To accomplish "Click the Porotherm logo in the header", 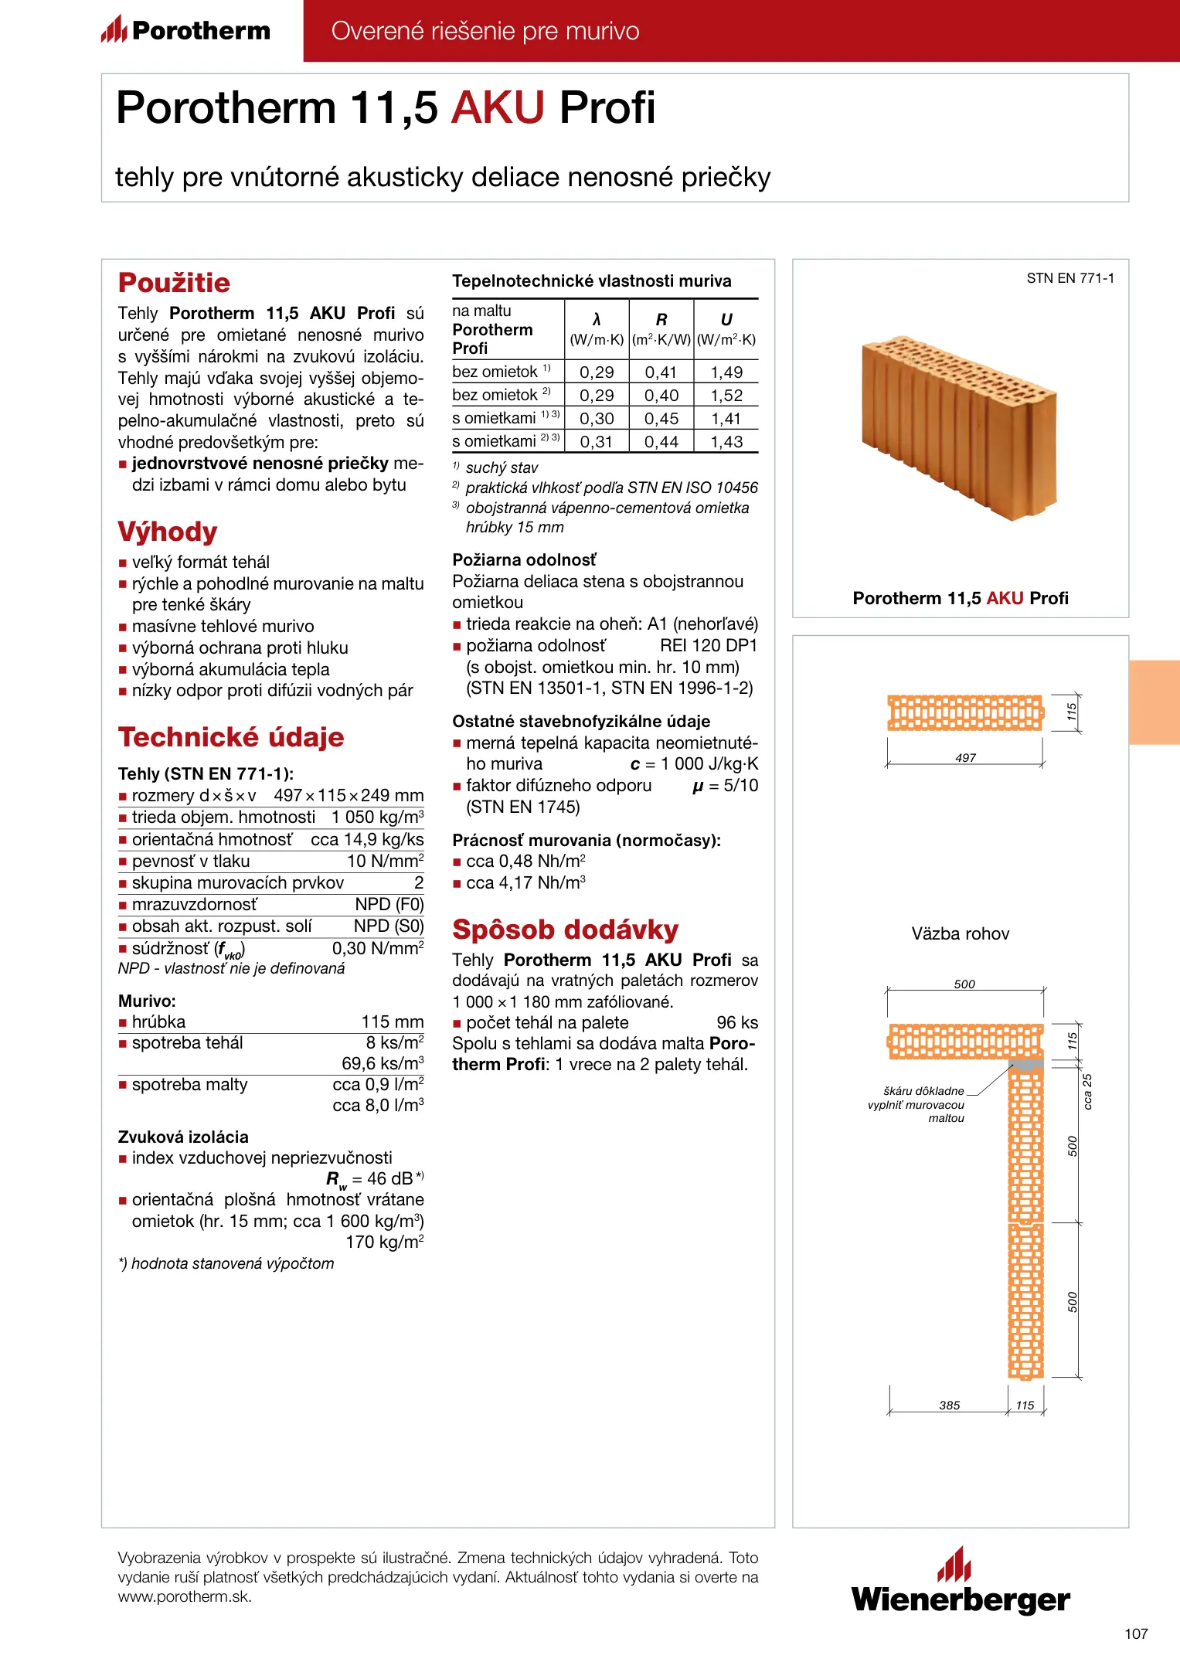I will [185, 30].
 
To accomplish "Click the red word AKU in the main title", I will [498, 107].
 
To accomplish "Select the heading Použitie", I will [174, 283].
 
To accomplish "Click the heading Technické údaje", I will [231, 737].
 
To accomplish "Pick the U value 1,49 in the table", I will [726, 372].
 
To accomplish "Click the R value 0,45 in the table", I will [661, 419].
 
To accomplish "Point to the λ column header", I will [597, 320].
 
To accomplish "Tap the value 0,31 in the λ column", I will [597, 442].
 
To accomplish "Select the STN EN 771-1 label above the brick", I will [1070, 278].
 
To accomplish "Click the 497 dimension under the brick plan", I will [965, 758].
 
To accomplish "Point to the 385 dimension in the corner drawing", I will [950, 1405].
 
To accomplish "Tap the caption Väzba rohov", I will [961, 933].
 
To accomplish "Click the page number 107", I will [1136, 1633].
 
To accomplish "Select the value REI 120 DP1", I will [709, 645].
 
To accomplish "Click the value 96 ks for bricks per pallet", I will [737, 1022].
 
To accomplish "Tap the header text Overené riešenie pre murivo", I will [485, 31].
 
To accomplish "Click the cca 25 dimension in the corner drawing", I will [1087, 1091].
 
